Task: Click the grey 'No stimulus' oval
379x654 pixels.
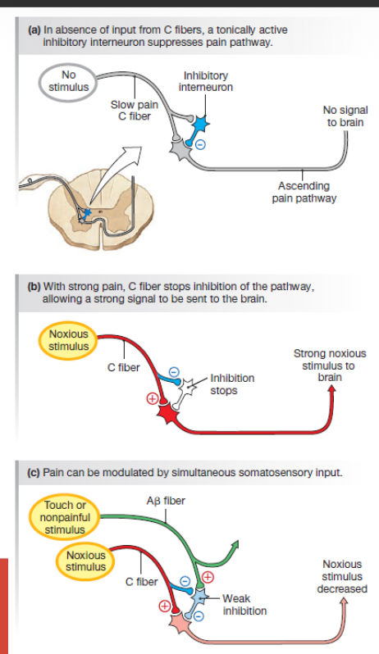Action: tap(68, 81)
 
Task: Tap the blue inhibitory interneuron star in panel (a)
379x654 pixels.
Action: tap(201, 124)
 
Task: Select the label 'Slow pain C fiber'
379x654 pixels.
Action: tap(134, 111)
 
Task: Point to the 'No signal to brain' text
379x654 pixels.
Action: tap(345, 116)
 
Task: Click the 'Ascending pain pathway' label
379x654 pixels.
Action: tap(304, 192)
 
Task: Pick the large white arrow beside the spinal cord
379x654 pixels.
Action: tap(115, 175)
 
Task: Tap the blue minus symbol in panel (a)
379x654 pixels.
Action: tap(200, 145)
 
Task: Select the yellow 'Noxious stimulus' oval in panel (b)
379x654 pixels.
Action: tap(69, 340)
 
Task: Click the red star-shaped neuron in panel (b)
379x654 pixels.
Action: tap(168, 414)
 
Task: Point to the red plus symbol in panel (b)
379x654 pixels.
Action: tap(152, 399)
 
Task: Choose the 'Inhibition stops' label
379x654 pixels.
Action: tap(232, 384)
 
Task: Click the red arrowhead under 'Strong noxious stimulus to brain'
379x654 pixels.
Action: tap(332, 388)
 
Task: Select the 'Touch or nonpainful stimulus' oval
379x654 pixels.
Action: tap(65, 517)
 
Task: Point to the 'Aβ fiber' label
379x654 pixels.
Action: tap(166, 501)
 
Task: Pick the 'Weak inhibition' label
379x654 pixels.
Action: tap(244, 604)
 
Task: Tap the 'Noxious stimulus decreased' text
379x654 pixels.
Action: tap(342, 576)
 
